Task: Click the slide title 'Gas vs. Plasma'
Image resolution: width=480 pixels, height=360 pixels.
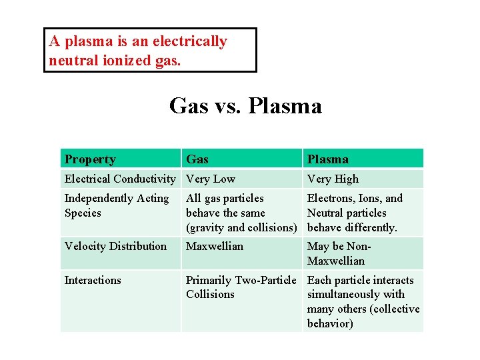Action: pos(245,105)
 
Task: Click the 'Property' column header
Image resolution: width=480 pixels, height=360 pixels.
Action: pos(90,159)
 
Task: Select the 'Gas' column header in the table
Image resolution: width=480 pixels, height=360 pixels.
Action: pos(197,159)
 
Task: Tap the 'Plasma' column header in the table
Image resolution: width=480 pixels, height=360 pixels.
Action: pos(327,159)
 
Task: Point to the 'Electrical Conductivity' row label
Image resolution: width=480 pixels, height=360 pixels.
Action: pos(120,179)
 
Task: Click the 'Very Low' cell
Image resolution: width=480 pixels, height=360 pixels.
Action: pos(211,179)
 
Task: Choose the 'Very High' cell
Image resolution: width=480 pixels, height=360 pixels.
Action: pos(333,179)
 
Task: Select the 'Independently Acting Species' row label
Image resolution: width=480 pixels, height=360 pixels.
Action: pos(117,205)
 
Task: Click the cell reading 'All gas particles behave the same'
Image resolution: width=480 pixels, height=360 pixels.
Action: pos(241,213)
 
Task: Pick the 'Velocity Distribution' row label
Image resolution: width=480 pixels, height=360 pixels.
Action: pos(115,246)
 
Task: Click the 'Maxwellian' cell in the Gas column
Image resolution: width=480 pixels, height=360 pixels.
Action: pos(215,246)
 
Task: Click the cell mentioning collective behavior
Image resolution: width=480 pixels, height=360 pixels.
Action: pos(363,301)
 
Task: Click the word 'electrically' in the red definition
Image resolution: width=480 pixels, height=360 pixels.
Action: pos(189,41)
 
